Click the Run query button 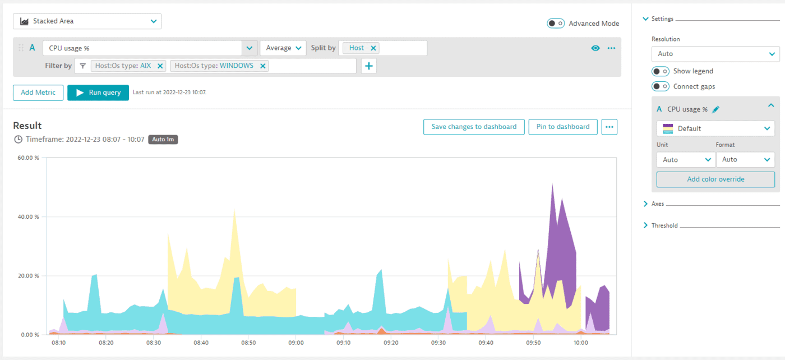coord(98,93)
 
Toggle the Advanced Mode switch coord(556,24)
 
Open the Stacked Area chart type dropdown coord(87,21)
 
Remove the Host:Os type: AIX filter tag coord(160,66)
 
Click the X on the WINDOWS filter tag coord(262,66)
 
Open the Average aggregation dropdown coord(283,48)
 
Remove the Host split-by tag coord(373,48)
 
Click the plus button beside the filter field coord(369,66)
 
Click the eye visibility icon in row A coord(595,48)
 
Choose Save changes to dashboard coord(474,127)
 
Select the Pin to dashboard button coord(562,127)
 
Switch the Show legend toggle coord(660,71)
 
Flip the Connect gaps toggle coord(660,86)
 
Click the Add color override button coord(715,179)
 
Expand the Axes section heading coord(657,204)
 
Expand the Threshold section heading coord(664,225)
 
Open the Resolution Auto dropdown coord(715,54)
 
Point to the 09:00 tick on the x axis coord(296,342)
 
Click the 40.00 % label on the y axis coord(28,217)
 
